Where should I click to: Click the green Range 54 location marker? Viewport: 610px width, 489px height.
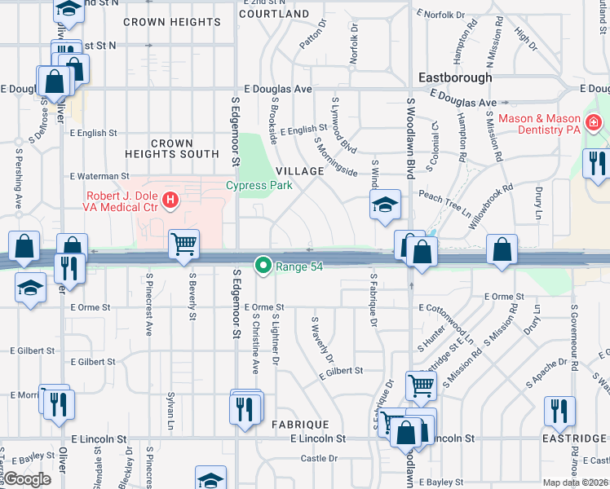[x=263, y=266]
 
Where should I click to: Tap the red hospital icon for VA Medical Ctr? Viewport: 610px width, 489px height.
[x=170, y=198]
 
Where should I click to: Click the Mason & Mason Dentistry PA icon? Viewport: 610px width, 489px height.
[x=593, y=123]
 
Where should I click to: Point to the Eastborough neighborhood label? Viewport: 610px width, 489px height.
[x=454, y=77]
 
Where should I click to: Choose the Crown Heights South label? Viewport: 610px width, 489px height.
[x=172, y=148]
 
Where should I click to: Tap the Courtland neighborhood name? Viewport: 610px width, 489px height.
[x=275, y=14]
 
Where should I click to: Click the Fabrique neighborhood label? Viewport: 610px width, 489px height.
[x=300, y=425]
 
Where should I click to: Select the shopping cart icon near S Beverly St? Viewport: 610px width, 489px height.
[x=183, y=244]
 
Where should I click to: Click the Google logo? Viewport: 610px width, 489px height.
[x=27, y=479]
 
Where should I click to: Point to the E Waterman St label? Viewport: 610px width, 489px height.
[x=99, y=175]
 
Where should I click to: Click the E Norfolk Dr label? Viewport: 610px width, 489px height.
[x=445, y=14]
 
